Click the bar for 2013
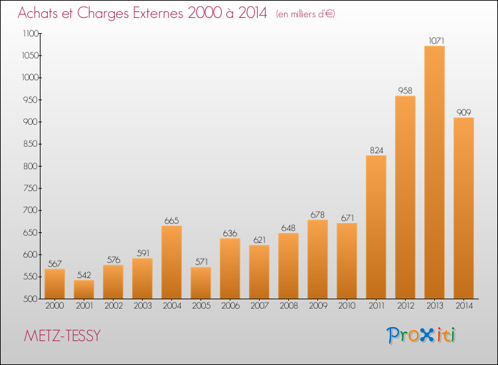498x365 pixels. point(434,173)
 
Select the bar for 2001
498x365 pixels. point(84,289)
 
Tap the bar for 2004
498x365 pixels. point(171,262)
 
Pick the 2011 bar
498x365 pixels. point(376,227)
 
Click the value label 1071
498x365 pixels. point(436,40)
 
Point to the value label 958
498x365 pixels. point(405,90)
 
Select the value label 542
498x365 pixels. point(84,275)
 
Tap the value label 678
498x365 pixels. point(317,214)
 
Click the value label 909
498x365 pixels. point(463,112)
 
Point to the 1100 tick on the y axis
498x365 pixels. point(40,33)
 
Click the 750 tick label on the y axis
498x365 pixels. point(31,188)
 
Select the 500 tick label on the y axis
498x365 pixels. point(31,299)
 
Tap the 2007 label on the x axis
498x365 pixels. point(260,305)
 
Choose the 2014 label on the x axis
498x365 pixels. point(464,305)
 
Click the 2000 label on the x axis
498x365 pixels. point(54,305)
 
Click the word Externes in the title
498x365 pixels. point(158,13)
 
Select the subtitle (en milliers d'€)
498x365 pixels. point(305,14)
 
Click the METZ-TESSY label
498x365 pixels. point(62,336)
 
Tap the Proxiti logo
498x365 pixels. point(421,335)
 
